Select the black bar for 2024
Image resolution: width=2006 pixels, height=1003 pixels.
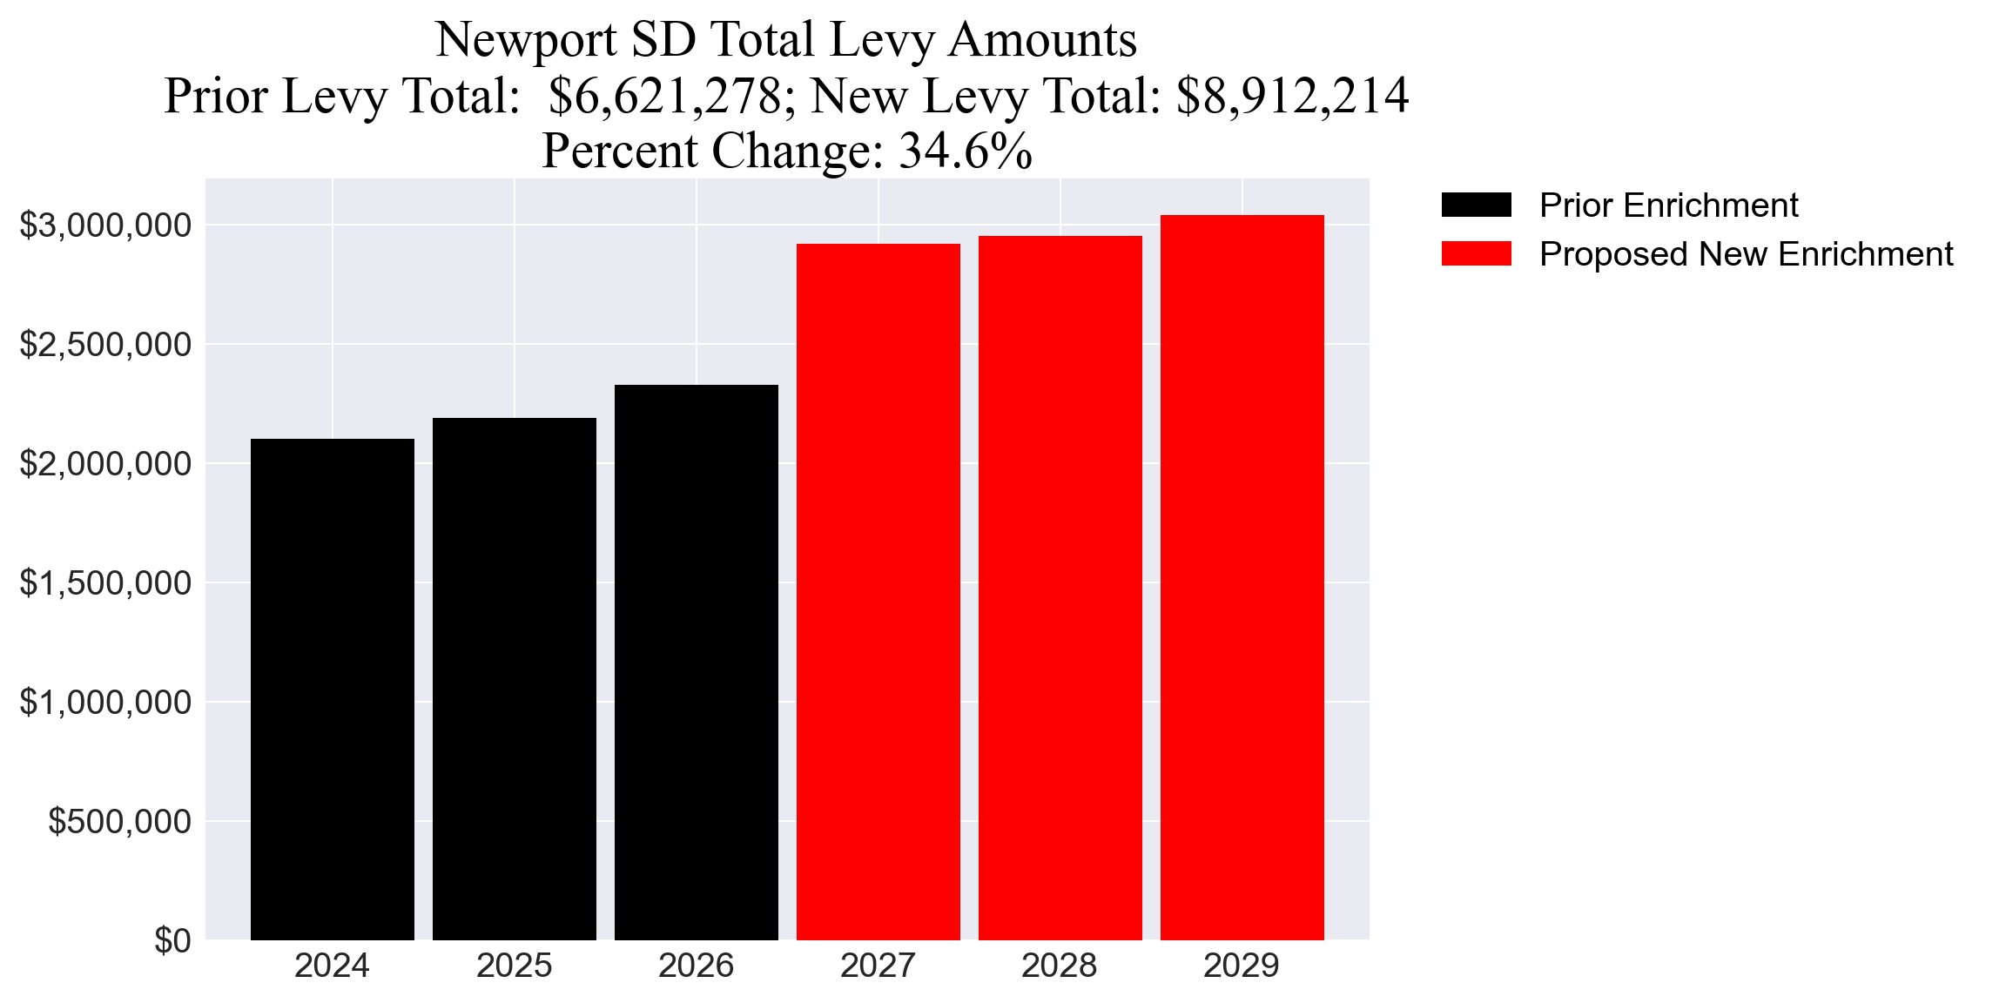click(x=332, y=689)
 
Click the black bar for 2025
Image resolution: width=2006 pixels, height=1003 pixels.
click(x=514, y=678)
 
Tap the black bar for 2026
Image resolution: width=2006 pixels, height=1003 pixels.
click(x=696, y=662)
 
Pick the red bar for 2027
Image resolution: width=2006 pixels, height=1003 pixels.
click(x=878, y=591)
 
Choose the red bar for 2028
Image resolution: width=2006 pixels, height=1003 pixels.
click(x=1060, y=588)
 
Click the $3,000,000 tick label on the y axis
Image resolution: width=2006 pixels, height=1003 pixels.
click(x=105, y=226)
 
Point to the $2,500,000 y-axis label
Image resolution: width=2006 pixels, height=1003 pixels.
click(x=105, y=345)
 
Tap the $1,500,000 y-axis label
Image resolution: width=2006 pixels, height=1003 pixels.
click(x=105, y=582)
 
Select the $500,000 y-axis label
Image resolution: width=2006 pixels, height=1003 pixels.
click(x=119, y=821)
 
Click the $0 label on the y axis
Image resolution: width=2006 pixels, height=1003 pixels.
click(x=172, y=941)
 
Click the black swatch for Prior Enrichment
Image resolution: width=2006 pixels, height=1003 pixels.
click(x=1476, y=205)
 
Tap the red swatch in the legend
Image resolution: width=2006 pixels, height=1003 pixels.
click(x=1476, y=254)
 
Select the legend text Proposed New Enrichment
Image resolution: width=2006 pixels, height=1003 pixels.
click(x=1746, y=254)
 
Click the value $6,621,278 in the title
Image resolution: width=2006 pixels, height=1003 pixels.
click(x=666, y=96)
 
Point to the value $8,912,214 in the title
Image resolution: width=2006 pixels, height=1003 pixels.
click(x=1292, y=96)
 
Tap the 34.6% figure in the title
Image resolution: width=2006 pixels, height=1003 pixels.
click(x=966, y=151)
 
